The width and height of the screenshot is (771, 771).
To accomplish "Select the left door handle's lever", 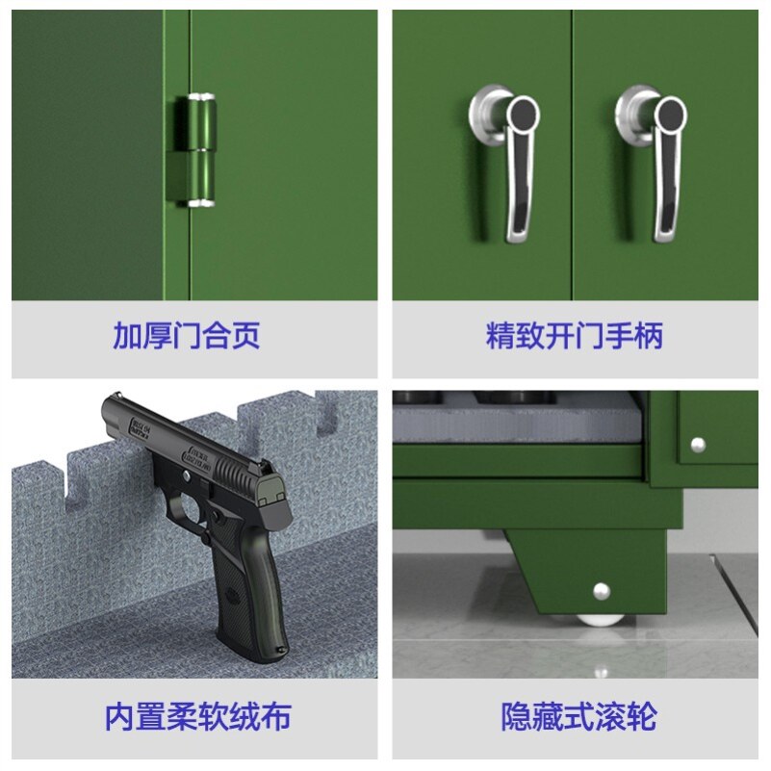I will click(517, 173).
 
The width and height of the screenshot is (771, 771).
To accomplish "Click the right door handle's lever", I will click(665, 173).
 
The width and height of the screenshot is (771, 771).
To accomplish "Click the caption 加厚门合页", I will click(187, 337).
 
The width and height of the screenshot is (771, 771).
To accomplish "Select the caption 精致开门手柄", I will click(575, 337).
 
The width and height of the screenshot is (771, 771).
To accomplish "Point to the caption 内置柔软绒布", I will click(197, 717).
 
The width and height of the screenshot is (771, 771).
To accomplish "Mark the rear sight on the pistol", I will click(273, 477).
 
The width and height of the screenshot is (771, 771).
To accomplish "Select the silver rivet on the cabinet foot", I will click(603, 589).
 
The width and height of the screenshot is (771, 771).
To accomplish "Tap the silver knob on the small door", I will click(698, 444).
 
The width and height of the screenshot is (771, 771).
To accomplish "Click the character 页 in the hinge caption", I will click(245, 337).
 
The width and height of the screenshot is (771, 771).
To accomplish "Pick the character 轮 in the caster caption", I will click(641, 717).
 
